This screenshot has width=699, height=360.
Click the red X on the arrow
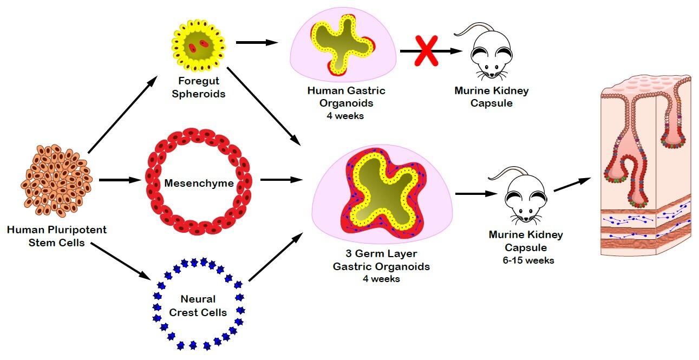[x=426, y=51]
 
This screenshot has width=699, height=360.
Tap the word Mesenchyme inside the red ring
[x=199, y=184]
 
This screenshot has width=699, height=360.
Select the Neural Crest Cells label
[x=198, y=306]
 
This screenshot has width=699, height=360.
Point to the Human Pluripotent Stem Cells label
[x=57, y=236]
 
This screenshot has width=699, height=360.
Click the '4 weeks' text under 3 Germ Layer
[x=381, y=279]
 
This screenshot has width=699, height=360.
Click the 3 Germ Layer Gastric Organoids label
[x=381, y=260]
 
